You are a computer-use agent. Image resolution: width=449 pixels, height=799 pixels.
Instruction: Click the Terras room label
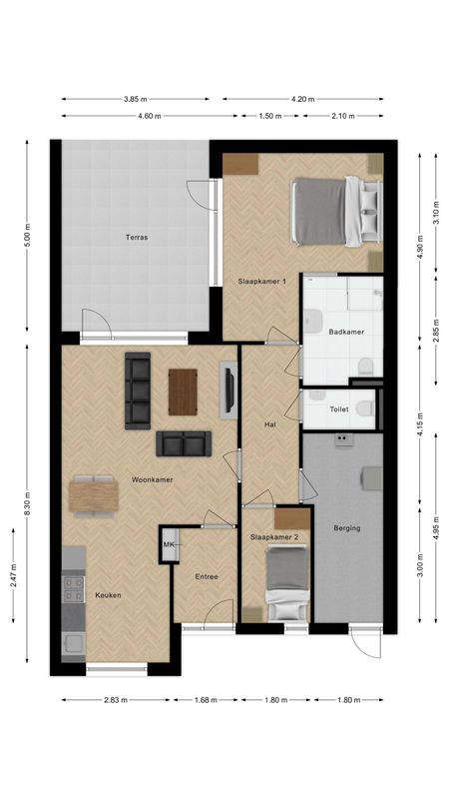(137, 238)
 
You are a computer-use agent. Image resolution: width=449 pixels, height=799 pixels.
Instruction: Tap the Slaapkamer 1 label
(261, 282)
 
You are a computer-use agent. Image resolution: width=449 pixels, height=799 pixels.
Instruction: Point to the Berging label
(347, 528)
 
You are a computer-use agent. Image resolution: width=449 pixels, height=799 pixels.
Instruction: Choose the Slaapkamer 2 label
(273, 536)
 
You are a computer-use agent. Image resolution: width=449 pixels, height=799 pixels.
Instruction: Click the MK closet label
(169, 544)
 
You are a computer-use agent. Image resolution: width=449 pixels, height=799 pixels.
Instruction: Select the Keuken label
(108, 595)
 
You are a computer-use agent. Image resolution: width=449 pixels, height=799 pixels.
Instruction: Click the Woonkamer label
(152, 479)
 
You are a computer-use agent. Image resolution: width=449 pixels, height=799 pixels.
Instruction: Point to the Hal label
(269, 424)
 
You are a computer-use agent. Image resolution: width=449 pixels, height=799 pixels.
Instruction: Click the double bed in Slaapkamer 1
(335, 209)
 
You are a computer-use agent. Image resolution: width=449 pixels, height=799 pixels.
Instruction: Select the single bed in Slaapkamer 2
(285, 584)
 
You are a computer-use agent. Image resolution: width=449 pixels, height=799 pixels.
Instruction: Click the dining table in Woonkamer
(94, 495)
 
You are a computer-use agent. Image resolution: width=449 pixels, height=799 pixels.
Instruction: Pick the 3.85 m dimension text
(136, 99)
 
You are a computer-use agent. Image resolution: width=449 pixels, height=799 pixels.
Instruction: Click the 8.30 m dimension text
(28, 506)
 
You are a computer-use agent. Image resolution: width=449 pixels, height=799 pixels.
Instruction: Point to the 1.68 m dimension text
(206, 700)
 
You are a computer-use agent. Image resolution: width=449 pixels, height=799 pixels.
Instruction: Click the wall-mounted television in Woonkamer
(229, 390)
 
